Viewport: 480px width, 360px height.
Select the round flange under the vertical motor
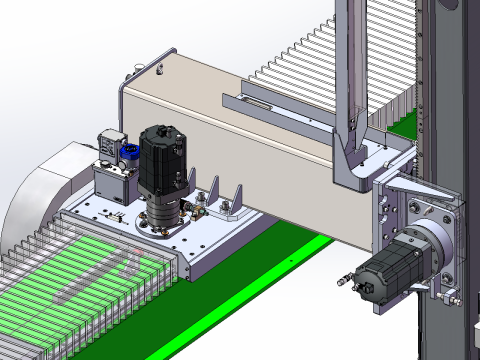click(x=163, y=217)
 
